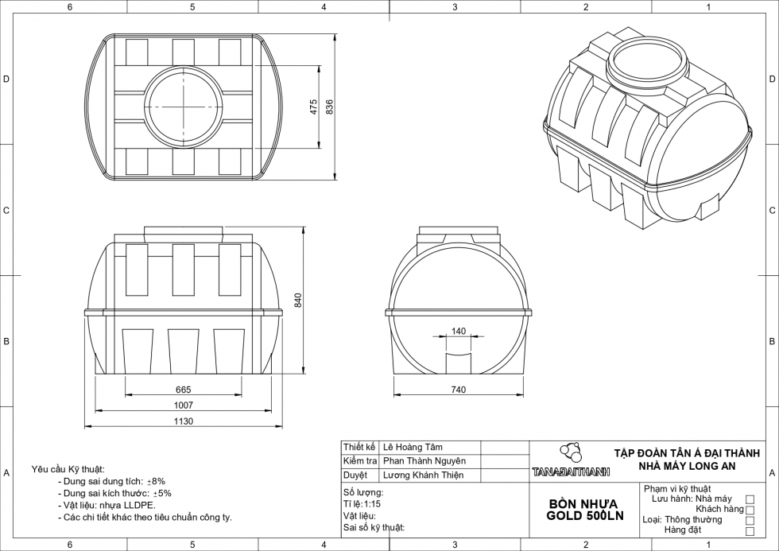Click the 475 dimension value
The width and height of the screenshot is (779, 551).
click(x=314, y=107)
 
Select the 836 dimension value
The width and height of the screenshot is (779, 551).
click(x=330, y=107)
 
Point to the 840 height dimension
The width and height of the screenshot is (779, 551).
click(x=299, y=300)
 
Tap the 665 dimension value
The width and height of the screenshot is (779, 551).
click(x=184, y=390)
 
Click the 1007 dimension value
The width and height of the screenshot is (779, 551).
click(x=184, y=405)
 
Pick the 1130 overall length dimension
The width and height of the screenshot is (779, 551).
click(x=184, y=422)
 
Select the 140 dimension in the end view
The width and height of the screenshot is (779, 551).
click(x=459, y=331)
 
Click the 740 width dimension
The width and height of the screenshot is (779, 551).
click(x=458, y=390)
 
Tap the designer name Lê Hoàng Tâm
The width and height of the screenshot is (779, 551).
click(x=413, y=448)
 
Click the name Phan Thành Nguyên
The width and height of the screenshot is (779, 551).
click(x=424, y=461)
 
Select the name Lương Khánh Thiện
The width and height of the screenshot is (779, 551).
click(x=423, y=475)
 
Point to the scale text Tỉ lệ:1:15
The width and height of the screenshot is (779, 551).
click(x=362, y=504)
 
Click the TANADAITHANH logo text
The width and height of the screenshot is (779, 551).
click(x=572, y=472)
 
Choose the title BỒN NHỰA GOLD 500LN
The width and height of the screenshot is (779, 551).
click(x=585, y=510)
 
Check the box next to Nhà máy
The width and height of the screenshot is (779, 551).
click(x=750, y=499)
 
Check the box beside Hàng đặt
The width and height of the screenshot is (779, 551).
click(x=750, y=530)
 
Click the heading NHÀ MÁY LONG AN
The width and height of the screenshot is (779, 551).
click(x=688, y=466)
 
